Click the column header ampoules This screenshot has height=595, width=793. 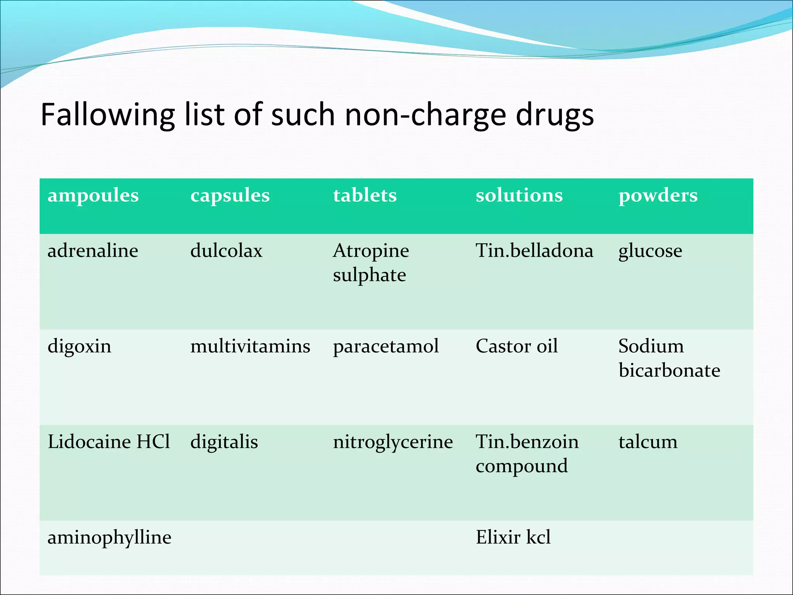[x=93, y=195]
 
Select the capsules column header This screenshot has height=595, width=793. [x=230, y=195]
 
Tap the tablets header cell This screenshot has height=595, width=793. [x=365, y=195]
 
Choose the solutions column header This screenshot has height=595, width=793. [x=519, y=195]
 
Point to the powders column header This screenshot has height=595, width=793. [x=658, y=195]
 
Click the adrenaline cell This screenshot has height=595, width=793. [x=93, y=251]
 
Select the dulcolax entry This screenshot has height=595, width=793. [x=227, y=251]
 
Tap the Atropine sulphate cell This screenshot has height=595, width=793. [x=371, y=263]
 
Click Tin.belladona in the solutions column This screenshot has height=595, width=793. [x=534, y=251]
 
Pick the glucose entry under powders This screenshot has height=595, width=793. [x=650, y=251]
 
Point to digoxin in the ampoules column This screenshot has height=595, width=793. [x=79, y=346]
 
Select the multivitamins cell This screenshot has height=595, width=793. [x=250, y=346]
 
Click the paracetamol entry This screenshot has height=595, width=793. [x=386, y=346]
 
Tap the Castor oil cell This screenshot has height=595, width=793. [x=517, y=346]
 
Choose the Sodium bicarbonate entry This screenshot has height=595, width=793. [x=669, y=358]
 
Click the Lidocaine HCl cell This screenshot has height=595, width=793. [x=109, y=442]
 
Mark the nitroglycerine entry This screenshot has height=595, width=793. [x=393, y=442]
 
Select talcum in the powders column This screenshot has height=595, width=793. [x=648, y=442]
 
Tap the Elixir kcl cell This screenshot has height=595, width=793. [x=513, y=537]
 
